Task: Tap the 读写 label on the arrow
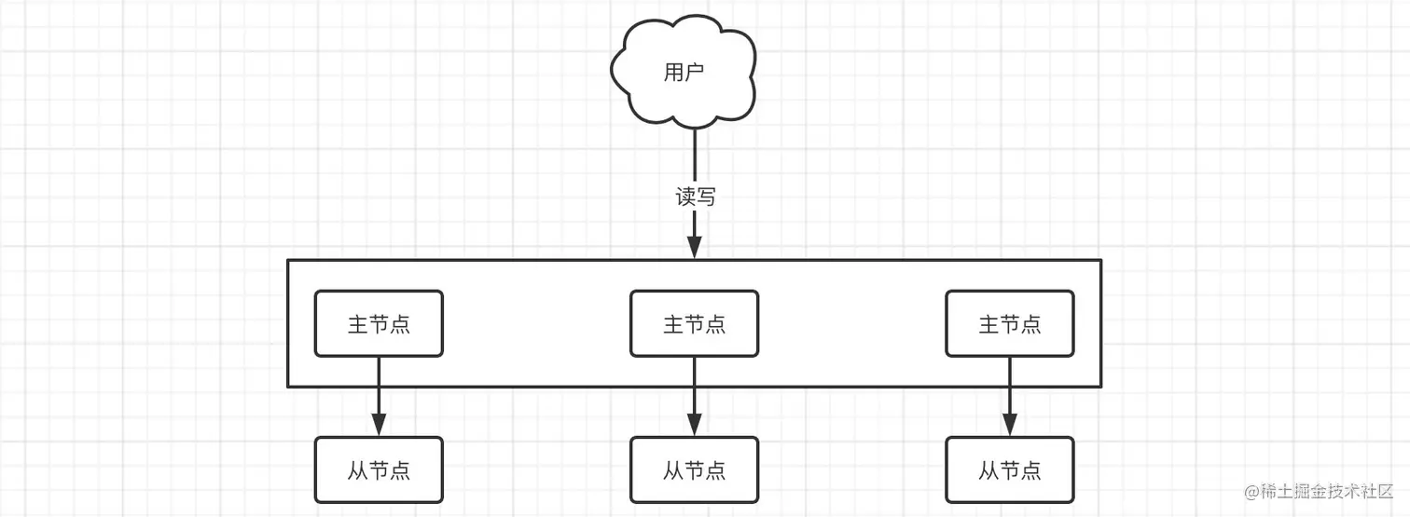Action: coord(695,197)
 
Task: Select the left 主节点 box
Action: coord(379,324)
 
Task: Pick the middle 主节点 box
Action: coord(694,324)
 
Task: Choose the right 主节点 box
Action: coord(1010,324)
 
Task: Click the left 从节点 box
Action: coord(379,469)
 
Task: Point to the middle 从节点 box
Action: coord(694,469)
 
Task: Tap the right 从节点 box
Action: coord(1010,469)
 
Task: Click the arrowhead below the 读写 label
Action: coord(695,248)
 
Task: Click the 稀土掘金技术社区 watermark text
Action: coord(1321,491)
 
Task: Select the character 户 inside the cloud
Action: coord(695,73)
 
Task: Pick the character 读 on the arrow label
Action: coord(685,197)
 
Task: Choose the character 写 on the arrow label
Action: coord(706,197)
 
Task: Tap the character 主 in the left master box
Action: coord(358,324)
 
